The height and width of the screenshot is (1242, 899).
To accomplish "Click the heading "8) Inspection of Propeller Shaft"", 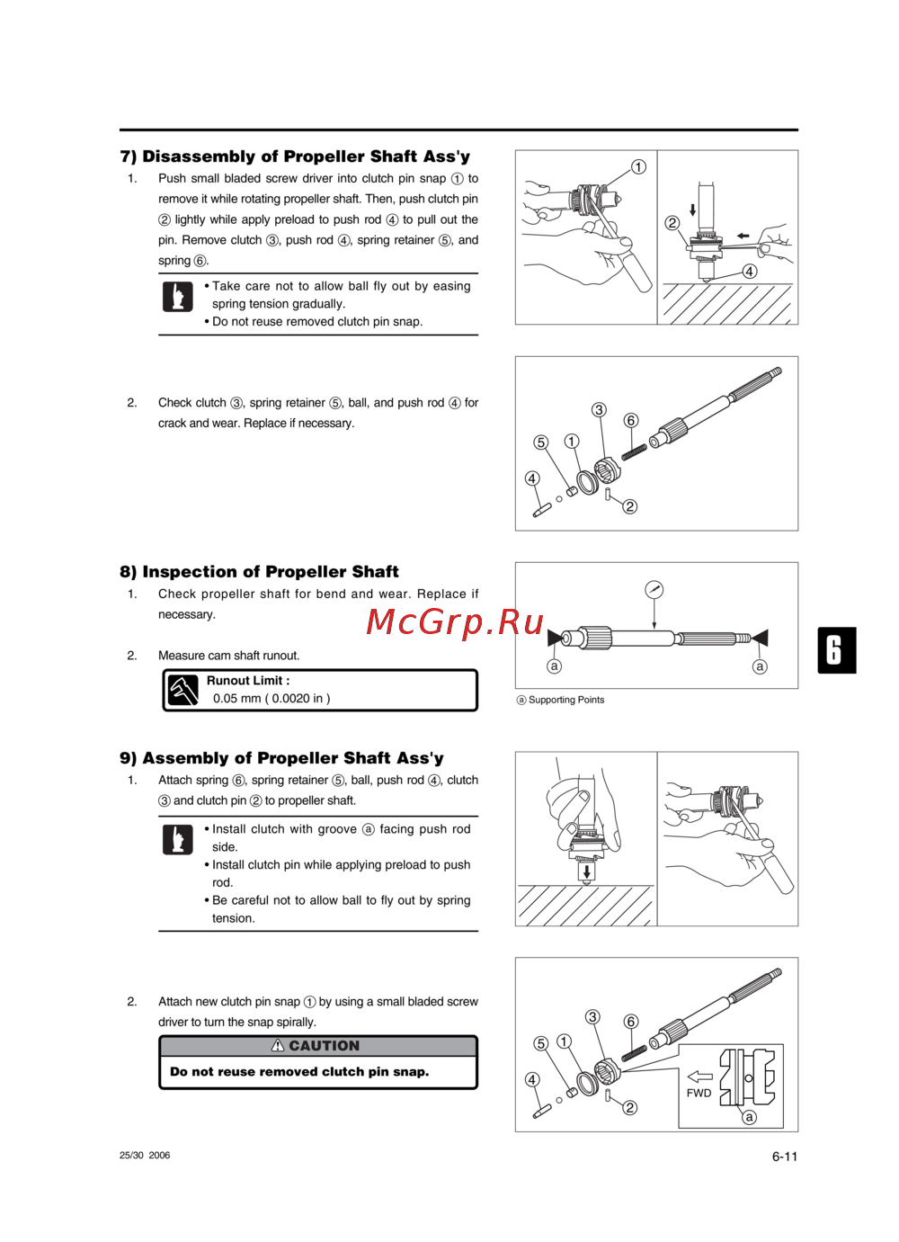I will [x=259, y=572].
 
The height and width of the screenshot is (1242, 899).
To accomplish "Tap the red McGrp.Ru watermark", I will [x=455, y=621].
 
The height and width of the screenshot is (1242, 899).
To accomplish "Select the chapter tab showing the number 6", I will [x=836, y=650].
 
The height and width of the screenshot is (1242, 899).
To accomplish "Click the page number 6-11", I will [x=784, y=1157].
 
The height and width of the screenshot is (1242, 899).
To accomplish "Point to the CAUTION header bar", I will [x=317, y=1046].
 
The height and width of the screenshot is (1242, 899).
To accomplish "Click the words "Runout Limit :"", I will [x=248, y=681].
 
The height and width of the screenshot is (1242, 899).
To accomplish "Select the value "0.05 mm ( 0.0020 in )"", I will [x=271, y=699].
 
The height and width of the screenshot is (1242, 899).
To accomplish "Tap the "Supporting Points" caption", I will [x=565, y=700].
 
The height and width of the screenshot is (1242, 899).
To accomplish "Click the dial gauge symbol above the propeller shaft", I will [x=654, y=590].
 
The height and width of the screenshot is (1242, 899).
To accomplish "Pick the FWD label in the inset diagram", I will [x=699, y=1093].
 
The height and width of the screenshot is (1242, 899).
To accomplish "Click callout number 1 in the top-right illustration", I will [x=638, y=167].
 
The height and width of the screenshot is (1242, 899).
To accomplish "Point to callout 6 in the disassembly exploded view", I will [x=631, y=420].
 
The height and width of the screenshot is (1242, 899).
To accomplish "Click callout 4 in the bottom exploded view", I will [x=532, y=1079].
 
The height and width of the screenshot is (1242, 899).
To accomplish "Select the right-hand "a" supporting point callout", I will [x=760, y=666].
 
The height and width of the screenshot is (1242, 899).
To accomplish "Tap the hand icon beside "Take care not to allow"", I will [x=178, y=297].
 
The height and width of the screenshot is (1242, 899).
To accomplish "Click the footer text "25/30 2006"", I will [x=145, y=1156].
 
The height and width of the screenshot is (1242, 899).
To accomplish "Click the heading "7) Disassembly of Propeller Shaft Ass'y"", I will [x=295, y=156].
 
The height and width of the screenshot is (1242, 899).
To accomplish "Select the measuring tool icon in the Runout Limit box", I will [x=183, y=691].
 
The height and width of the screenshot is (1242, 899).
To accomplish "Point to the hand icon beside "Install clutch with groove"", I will [x=178, y=839].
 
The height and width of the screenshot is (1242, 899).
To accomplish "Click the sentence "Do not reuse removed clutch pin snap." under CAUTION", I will [x=299, y=1072].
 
